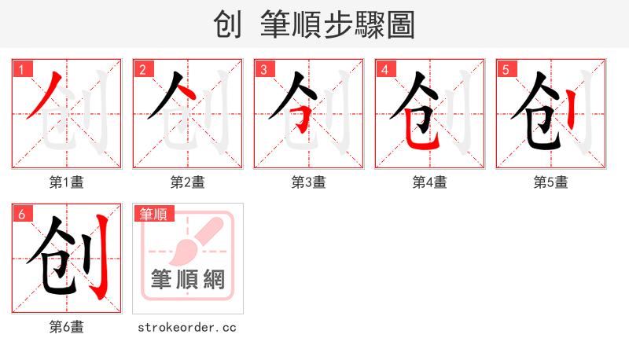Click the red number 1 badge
[21, 69]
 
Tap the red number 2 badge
[142, 69]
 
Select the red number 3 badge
[263, 69]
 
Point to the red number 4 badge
[384, 69]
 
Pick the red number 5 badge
[506, 69]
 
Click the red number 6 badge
[21, 214]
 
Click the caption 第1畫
[67, 182]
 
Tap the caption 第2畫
[188, 182]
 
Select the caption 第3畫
[309, 182]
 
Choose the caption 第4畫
[430, 182]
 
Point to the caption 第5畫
[551, 182]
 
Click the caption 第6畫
[67, 327]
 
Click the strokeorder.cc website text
[187, 327]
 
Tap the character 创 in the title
[227, 24]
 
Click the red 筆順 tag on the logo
[154, 214]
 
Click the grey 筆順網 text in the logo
[188, 279]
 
